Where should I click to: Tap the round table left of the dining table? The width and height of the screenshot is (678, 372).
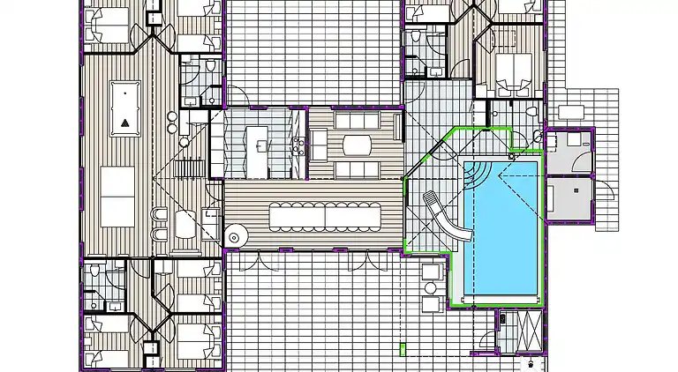[237, 234]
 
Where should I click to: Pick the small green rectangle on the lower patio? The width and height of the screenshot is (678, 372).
[403, 349]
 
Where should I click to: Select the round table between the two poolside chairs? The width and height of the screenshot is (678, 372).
[431, 287]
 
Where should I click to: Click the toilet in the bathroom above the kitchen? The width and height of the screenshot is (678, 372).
[210, 67]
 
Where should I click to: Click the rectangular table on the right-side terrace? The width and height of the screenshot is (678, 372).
[570, 112]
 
